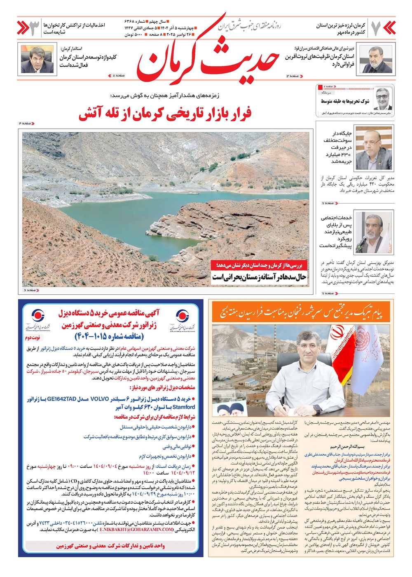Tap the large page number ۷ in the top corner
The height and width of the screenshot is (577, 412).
click(x=375, y=28)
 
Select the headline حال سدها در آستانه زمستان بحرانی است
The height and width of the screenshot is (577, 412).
click(x=259, y=277)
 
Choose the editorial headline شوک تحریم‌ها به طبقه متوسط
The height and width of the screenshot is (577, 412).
click(x=345, y=101)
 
